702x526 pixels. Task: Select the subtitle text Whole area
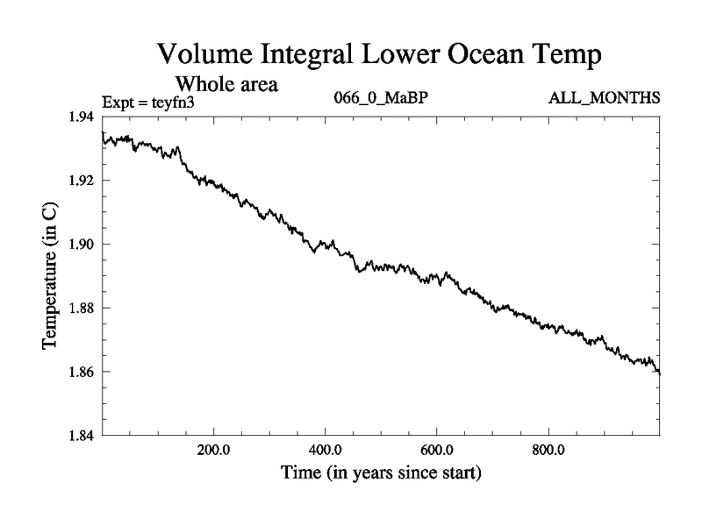pos(227,84)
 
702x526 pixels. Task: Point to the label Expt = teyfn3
pos(147,100)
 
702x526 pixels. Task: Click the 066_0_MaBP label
pos(381,97)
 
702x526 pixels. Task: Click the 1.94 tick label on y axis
pos(84,117)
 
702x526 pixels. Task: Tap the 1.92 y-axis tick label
pos(84,181)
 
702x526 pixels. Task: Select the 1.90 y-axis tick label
pos(84,245)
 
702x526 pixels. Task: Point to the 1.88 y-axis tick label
pos(84,309)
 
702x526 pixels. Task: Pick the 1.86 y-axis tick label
pos(84,373)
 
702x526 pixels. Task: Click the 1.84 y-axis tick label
pos(84,436)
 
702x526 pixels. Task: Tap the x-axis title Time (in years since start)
pos(381,474)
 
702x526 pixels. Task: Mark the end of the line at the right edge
pos(659,373)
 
